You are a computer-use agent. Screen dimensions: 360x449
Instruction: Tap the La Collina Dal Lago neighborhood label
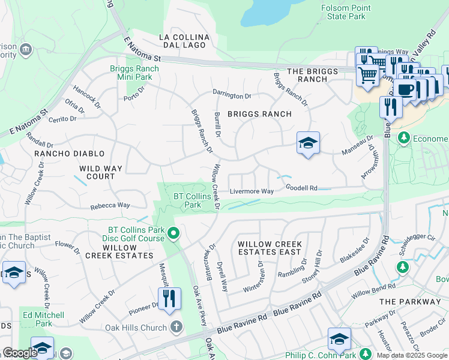click(x=184, y=41)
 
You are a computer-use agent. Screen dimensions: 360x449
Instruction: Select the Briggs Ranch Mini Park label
click(x=134, y=73)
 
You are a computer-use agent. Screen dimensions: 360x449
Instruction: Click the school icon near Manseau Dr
click(x=308, y=143)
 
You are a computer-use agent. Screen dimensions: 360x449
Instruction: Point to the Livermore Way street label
click(x=252, y=191)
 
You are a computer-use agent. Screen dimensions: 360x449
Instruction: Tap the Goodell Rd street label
click(x=301, y=188)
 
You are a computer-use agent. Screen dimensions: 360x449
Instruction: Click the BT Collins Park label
click(x=192, y=200)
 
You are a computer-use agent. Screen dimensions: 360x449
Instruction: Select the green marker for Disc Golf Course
click(x=174, y=233)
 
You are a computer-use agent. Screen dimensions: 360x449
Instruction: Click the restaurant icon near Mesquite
click(x=169, y=298)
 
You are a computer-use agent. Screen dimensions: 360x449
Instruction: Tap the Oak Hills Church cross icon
click(x=176, y=327)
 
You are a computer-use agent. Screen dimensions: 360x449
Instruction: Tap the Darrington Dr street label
click(x=231, y=95)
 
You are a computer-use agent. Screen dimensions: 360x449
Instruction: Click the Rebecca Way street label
click(x=110, y=206)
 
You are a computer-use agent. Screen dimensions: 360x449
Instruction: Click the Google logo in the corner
click(x=20, y=353)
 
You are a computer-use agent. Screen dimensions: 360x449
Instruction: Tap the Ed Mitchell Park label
click(x=43, y=319)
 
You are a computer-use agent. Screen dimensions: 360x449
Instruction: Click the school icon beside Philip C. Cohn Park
click(x=339, y=340)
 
